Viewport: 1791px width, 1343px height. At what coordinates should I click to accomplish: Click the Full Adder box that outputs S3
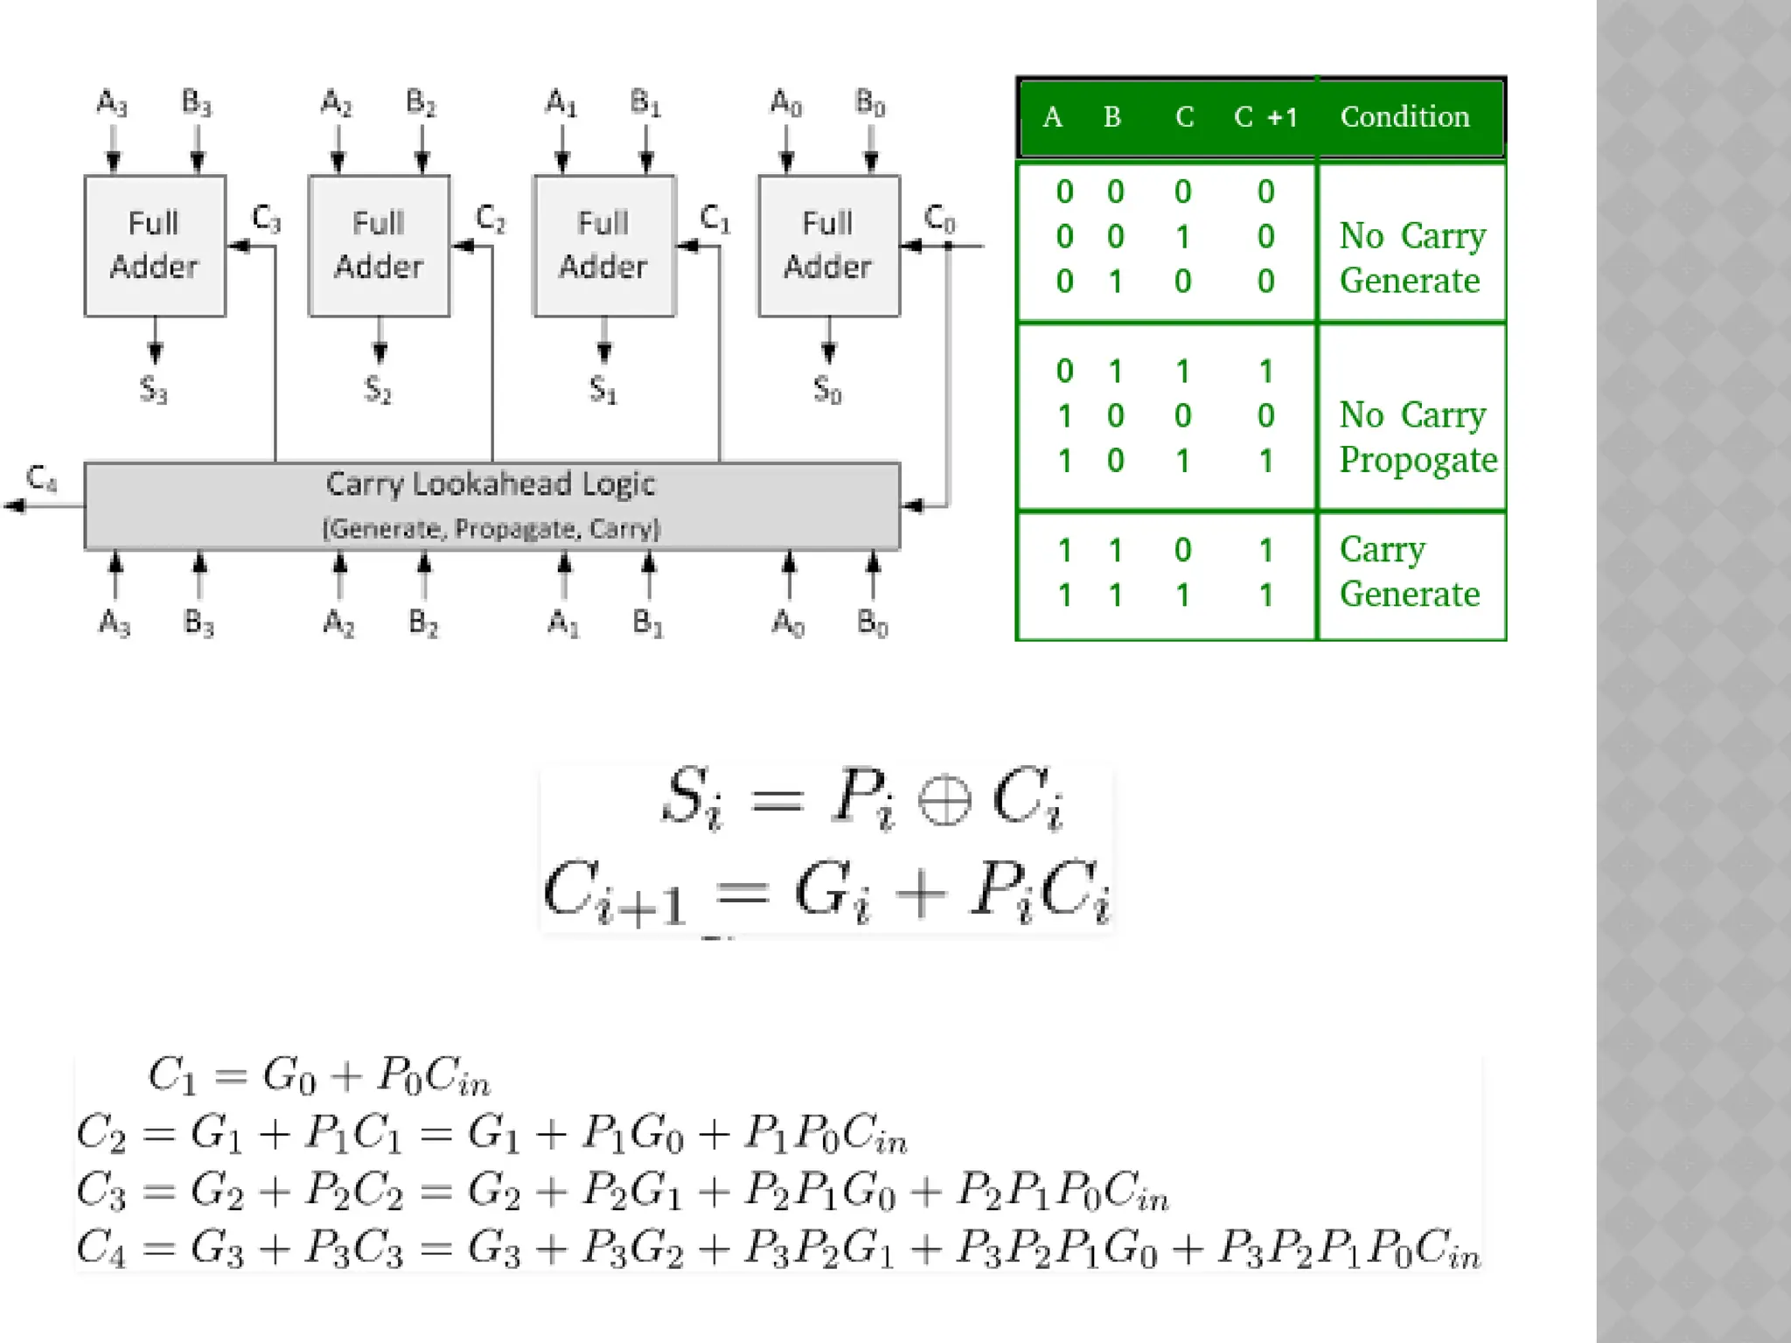(155, 246)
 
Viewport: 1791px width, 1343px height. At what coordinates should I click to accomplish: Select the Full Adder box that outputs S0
(828, 246)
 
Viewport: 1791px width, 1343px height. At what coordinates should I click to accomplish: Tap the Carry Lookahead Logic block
(491, 505)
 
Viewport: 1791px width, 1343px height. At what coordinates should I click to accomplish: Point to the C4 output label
(41, 478)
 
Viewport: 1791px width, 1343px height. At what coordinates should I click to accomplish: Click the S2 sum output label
(378, 389)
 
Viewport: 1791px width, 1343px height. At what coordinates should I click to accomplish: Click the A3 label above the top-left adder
(112, 103)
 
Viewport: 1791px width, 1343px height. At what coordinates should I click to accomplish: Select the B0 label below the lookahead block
(872, 623)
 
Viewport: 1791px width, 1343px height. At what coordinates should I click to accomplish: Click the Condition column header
(1404, 117)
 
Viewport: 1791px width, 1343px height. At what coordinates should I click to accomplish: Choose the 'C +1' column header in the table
(1265, 117)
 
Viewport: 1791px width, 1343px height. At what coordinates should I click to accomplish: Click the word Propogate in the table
(1418, 460)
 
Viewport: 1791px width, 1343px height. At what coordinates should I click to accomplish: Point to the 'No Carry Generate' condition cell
(1411, 258)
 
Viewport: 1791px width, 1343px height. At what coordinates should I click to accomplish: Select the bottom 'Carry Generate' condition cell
(1410, 573)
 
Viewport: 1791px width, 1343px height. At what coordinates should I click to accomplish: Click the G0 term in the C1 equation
(289, 1075)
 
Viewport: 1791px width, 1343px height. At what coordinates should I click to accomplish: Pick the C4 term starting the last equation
(101, 1249)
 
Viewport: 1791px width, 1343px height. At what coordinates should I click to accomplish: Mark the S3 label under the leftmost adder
(153, 389)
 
